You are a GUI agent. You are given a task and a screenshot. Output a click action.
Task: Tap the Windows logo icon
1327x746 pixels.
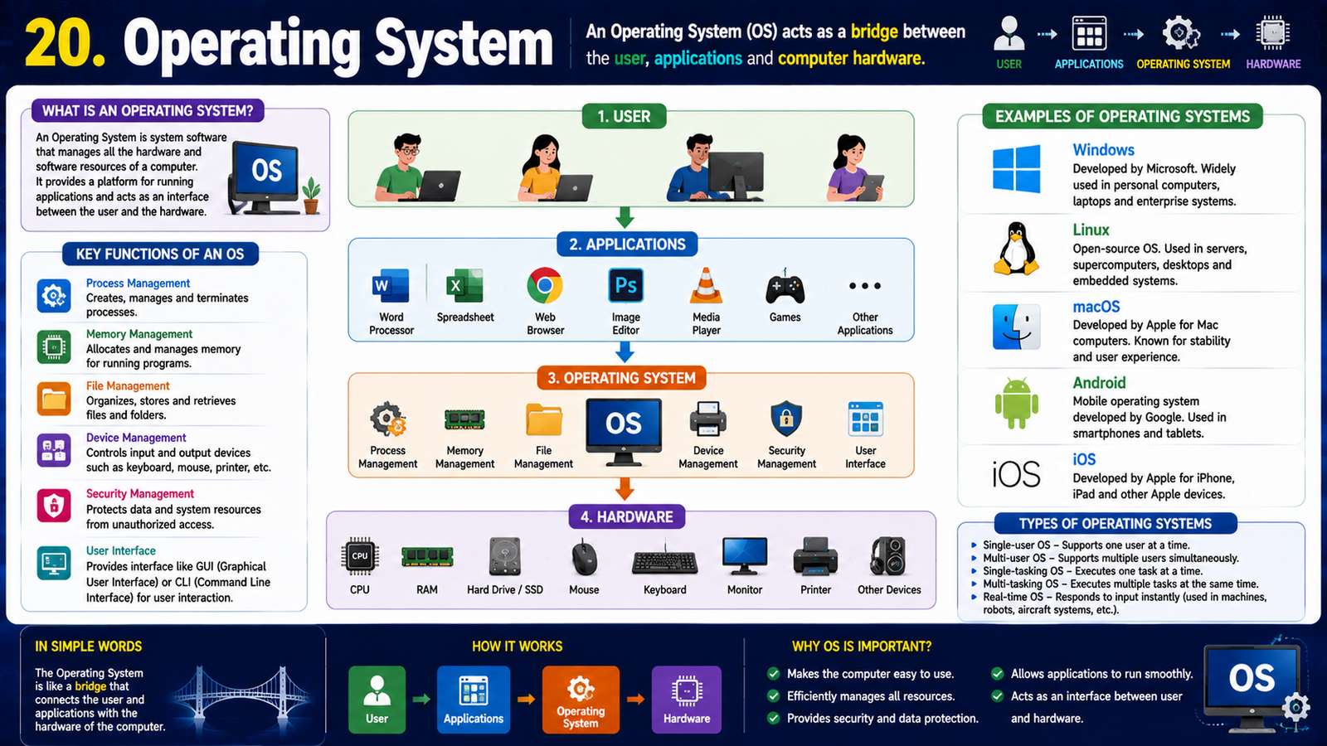[x=1016, y=169]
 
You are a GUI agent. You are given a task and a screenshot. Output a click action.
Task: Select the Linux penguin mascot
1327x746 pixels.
[x=1016, y=249]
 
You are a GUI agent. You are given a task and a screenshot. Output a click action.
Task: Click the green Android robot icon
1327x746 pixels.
[x=1017, y=403]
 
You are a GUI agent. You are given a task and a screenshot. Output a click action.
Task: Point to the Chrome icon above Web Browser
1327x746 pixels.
[x=544, y=285]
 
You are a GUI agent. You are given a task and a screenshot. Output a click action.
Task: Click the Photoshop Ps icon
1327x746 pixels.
[x=625, y=285]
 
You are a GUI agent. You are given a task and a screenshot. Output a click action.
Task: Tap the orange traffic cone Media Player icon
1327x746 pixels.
[x=706, y=285]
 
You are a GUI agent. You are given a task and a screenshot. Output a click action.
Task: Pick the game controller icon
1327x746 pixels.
[x=785, y=288]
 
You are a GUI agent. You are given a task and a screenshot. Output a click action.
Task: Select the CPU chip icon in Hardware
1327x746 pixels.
[x=360, y=556]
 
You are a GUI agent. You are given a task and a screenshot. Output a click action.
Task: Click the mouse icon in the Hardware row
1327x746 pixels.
[x=584, y=557]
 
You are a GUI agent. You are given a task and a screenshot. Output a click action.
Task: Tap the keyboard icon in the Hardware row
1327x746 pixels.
[x=664, y=561]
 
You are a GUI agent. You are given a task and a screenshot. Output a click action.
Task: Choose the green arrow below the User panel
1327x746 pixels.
[x=625, y=217]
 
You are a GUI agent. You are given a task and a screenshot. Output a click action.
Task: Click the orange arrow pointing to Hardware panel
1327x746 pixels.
[x=625, y=489]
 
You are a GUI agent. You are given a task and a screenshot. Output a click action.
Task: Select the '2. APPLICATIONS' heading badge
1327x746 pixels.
[x=627, y=245]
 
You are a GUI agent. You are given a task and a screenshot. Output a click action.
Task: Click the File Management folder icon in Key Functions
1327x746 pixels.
[x=54, y=399]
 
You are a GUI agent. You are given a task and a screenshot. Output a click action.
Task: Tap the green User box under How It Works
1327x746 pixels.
[x=377, y=700]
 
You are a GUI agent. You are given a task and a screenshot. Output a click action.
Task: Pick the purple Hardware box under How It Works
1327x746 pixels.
[x=687, y=700]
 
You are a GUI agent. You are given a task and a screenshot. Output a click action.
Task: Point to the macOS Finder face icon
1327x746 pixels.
[x=1017, y=327]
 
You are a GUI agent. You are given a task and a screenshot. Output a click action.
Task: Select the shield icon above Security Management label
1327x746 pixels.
[x=786, y=419]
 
